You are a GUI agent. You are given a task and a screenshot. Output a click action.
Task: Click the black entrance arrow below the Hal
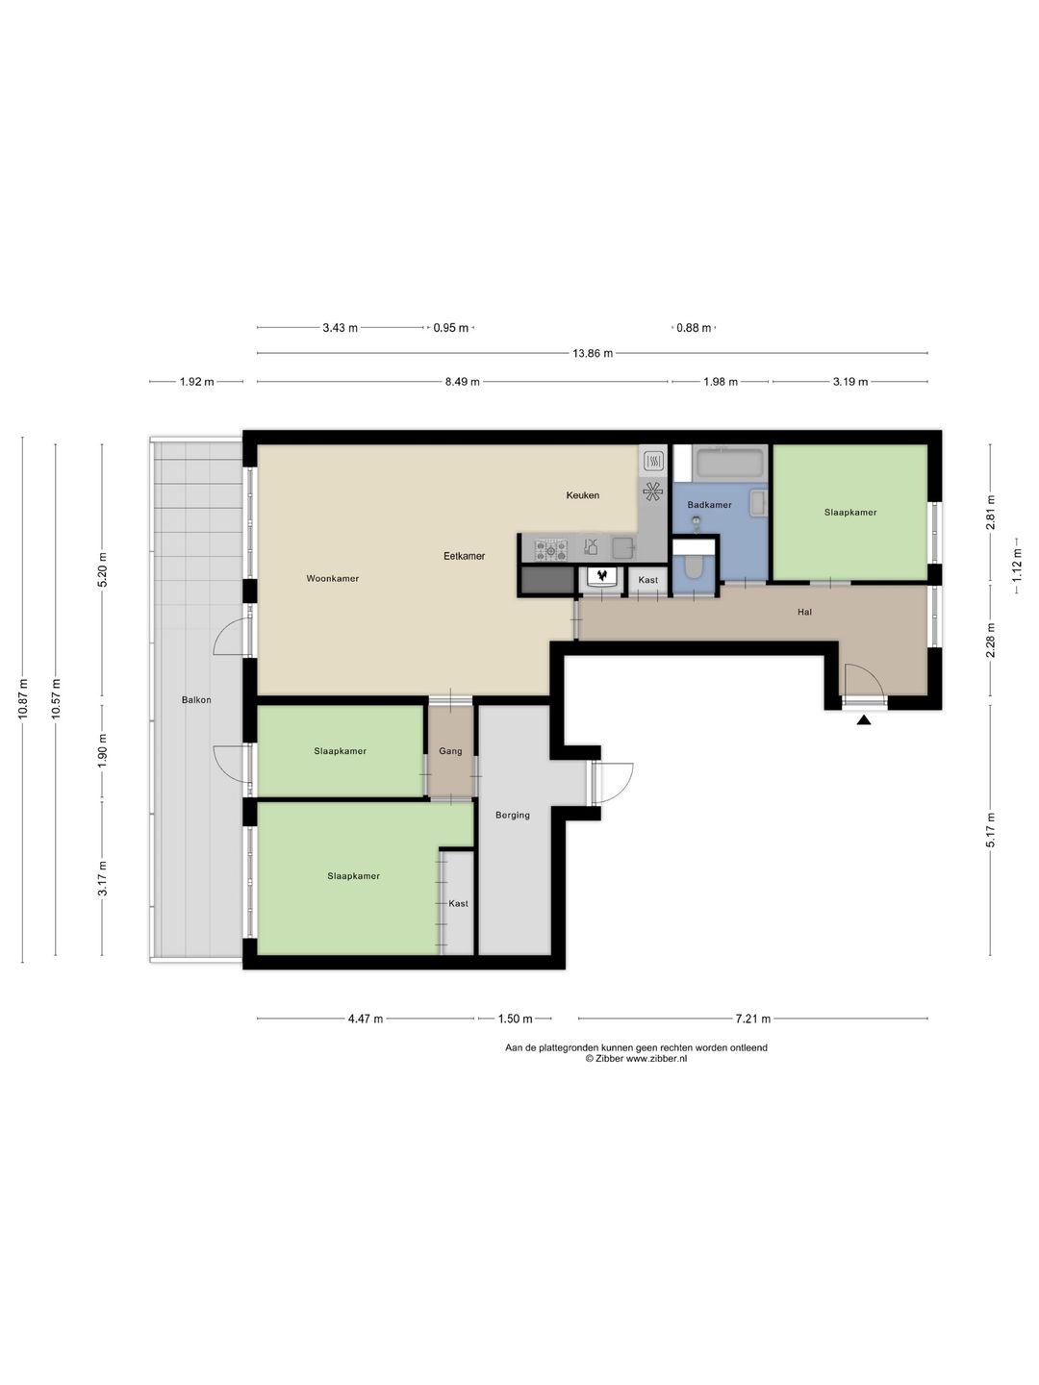pyautogui.click(x=864, y=718)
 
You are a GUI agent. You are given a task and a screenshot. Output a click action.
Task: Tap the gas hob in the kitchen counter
pyautogui.click(x=551, y=549)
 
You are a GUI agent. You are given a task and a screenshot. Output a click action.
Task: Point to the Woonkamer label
pyautogui.click(x=332, y=578)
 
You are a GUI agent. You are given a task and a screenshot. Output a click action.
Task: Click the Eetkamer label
pyautogui.click(x=464, y=556)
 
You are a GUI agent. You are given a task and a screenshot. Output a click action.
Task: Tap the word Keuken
pyautogui.click(x=582, y=495)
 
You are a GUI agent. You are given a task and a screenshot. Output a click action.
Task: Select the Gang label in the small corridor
pyautogui.click(x=450, y=751)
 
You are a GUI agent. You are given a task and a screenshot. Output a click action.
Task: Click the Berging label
pyautogui.click(x=513, y=815)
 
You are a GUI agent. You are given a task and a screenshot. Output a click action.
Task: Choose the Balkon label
pyautogui.click(x=196, y=700)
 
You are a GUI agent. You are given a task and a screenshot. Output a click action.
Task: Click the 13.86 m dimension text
pyautogui.click(x=592, y=354)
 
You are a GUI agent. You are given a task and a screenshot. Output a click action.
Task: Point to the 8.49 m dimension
pyautogui.click(x=462, y=382)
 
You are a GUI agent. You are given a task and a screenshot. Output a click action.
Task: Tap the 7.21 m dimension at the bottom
pyautogui.click(x=752, y=1019)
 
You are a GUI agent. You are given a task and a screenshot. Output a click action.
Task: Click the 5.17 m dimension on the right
pyautogui.click(x=991, y=830)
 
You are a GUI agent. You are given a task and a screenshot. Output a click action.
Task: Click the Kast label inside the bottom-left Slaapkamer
pyautogui.click(x=458, y=903)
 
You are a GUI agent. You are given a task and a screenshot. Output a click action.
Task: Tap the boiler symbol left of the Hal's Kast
pyautogui.click(x=602, y=577)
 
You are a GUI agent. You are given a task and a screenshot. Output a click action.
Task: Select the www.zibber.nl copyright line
pyautogui.click(x=636, y=1059)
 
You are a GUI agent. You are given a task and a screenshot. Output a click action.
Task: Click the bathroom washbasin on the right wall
pyautogui.click(x=757, y=503)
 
